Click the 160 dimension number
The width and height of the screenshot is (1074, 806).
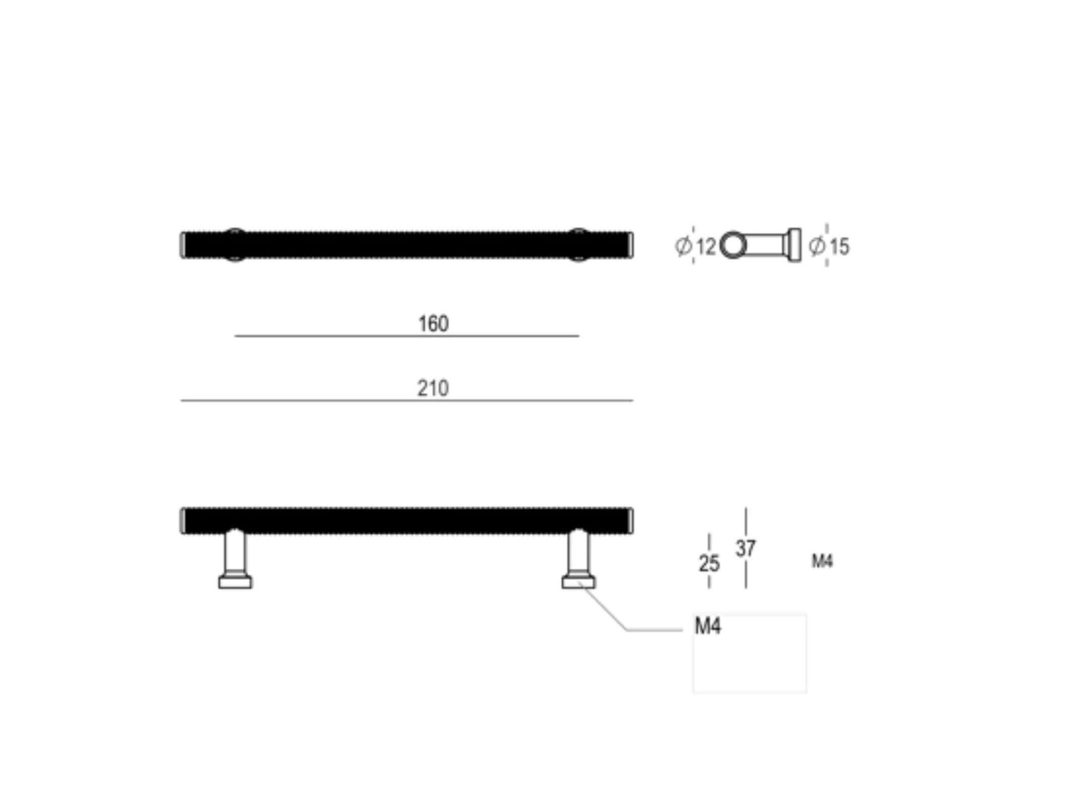click(x=433, y=323)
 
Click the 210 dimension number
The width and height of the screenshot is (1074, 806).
click(x=433, y=388)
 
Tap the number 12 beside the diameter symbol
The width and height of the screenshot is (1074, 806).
click(x=706, y=246)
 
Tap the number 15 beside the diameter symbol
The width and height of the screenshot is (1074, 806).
click(x=839, y=246)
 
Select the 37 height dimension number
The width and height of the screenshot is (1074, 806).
click(x=746, y=548)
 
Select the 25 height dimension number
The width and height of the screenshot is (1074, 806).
click(x=709, y=563)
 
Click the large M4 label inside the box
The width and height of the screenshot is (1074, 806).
click(x=708, y=627)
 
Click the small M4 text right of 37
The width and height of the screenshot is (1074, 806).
click(x=822, y=561)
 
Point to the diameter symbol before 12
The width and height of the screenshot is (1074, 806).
click(x=683, y=246)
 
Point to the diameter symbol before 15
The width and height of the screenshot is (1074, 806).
click(x=817, y=246)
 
